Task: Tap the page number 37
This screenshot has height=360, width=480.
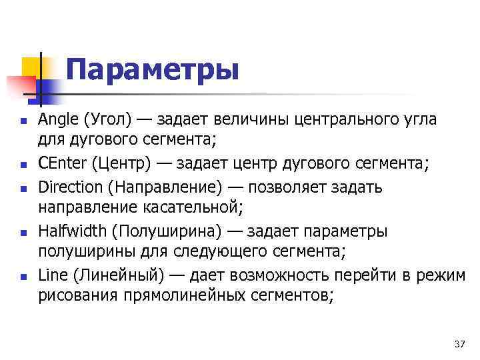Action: pyautogui.click(x=459, y=344)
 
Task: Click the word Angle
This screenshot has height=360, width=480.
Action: pyautogui.click(x=59, y=120)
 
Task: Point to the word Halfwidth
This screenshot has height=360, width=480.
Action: pyautogui.click(x=73, y=231)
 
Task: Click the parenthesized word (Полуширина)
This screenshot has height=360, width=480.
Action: pyautogui.click(x=175, y=231)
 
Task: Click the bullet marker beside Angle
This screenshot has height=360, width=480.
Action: pyautogui.click(x=23, y=121)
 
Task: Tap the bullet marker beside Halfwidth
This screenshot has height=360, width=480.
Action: pyautogui.click(x=23, y=232)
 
